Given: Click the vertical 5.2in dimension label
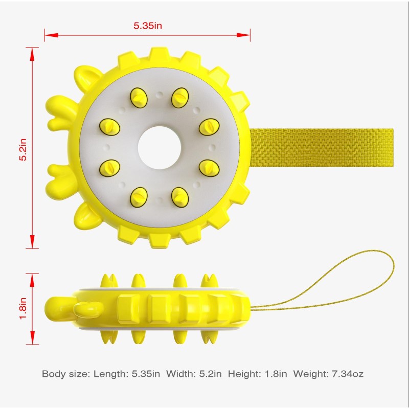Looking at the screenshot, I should (x=22, y=148).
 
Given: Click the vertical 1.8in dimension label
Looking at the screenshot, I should (x=23, y=309).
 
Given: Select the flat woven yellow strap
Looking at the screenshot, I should (x=322, y=148).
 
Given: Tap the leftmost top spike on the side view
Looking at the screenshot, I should (x=108, y=281).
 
